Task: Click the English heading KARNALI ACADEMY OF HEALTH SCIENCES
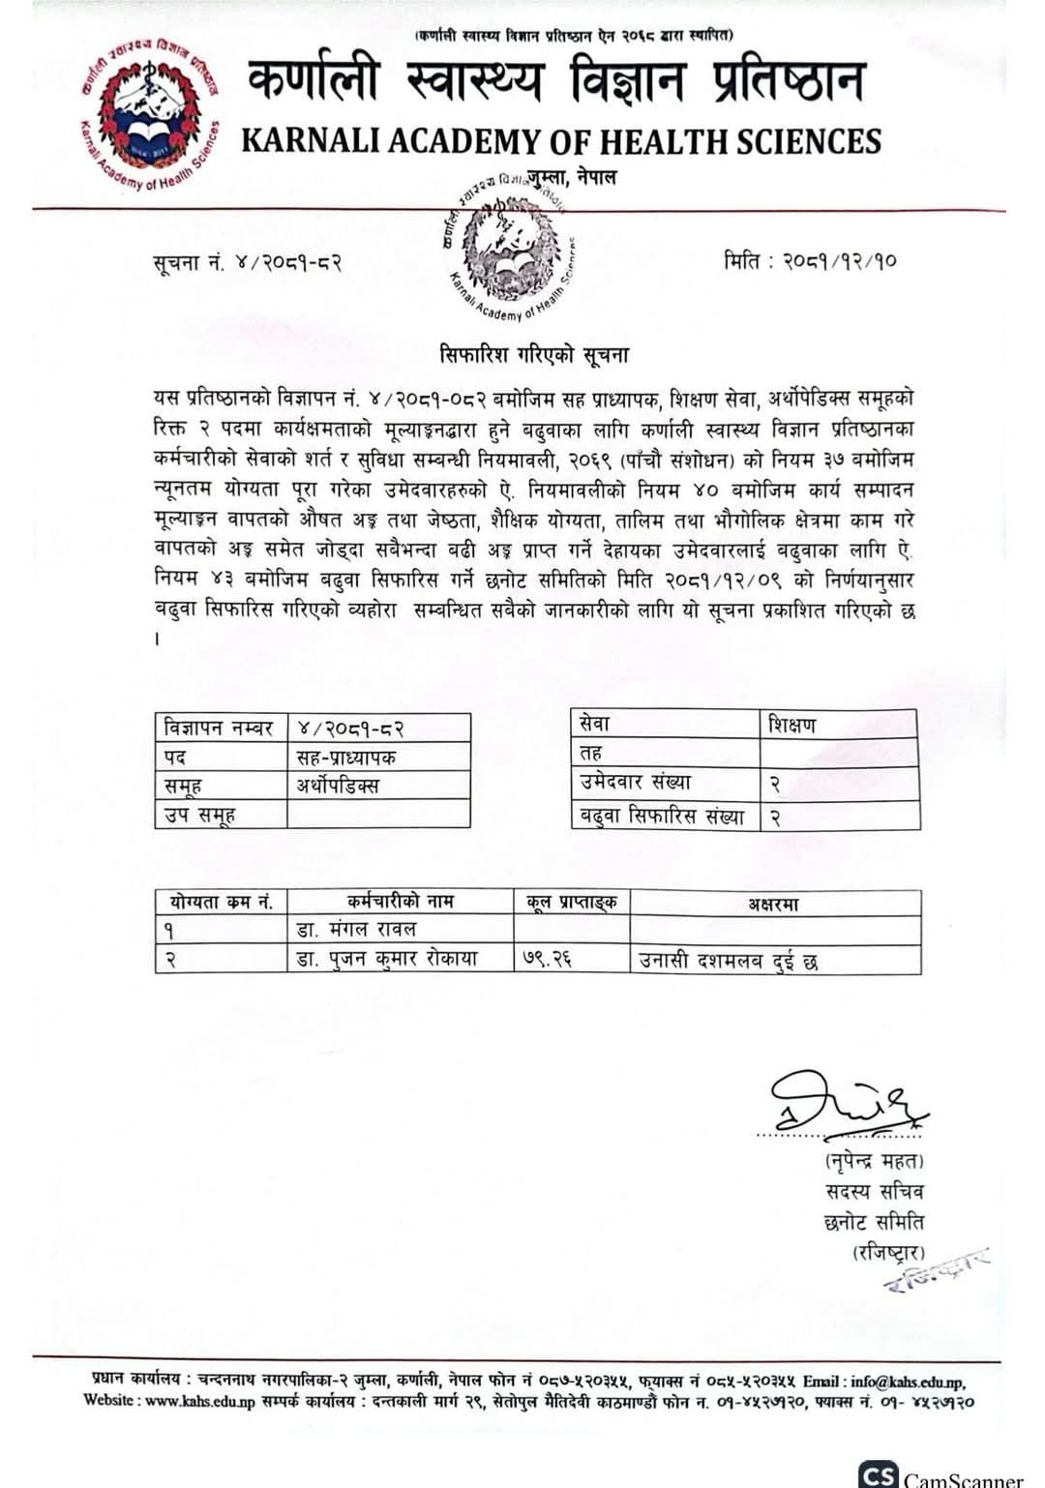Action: point(560,141)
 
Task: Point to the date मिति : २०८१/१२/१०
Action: point(810,261)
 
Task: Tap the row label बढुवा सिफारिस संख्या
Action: point(664,816)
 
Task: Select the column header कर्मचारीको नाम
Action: point(400,902)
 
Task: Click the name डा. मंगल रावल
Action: point(357,930)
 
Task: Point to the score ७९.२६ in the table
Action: point(547,959)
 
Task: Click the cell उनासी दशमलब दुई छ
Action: point(729,961)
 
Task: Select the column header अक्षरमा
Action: point(773,904)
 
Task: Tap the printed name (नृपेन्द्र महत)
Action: point(875,1160)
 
